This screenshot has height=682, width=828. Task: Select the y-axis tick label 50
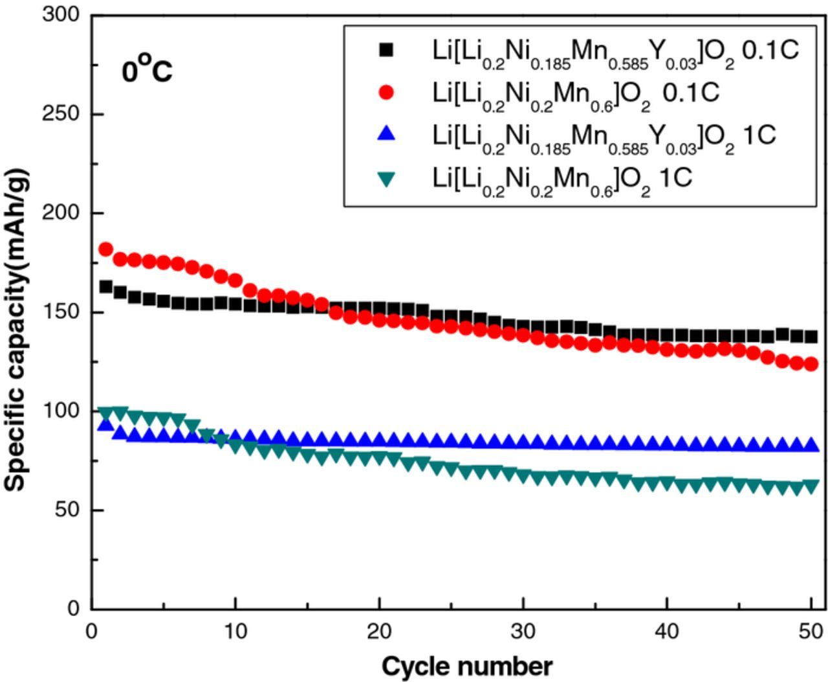pyautogui.click(x=67, y=510)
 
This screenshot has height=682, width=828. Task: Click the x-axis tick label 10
pyautogui.click(x=235, y=630)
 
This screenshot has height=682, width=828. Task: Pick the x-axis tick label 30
pyautogui.click(x=523, y=630)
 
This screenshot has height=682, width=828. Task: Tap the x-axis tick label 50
pyautogui.click(x=810, y=630)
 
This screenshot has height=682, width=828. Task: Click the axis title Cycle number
pyautogui.click(x=467, y=666)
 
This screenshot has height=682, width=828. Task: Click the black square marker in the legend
pyautogui.click(x=386, y=50)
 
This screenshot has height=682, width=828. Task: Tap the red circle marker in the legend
pyautogui.click(x=386, y=92)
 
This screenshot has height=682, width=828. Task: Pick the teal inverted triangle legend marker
pyautogui.click(x=386, y=178)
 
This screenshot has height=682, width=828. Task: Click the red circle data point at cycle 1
pyautogui.click(x=105, y=249)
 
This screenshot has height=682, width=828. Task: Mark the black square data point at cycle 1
pyautogui.click(x=106, y=287)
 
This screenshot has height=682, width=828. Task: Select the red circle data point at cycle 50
pyautogui.click(x=811, y=364)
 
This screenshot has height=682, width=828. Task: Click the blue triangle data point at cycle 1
pyautogui.click(x=105, y=424)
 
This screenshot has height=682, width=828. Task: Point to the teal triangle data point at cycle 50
pyautogui.click(x=811, y=486)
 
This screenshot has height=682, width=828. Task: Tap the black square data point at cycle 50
pyautogui.click(x=811, y=337)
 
